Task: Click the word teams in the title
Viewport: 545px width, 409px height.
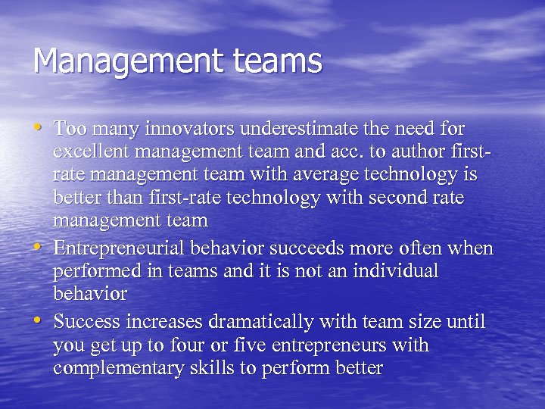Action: point(279,61)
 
